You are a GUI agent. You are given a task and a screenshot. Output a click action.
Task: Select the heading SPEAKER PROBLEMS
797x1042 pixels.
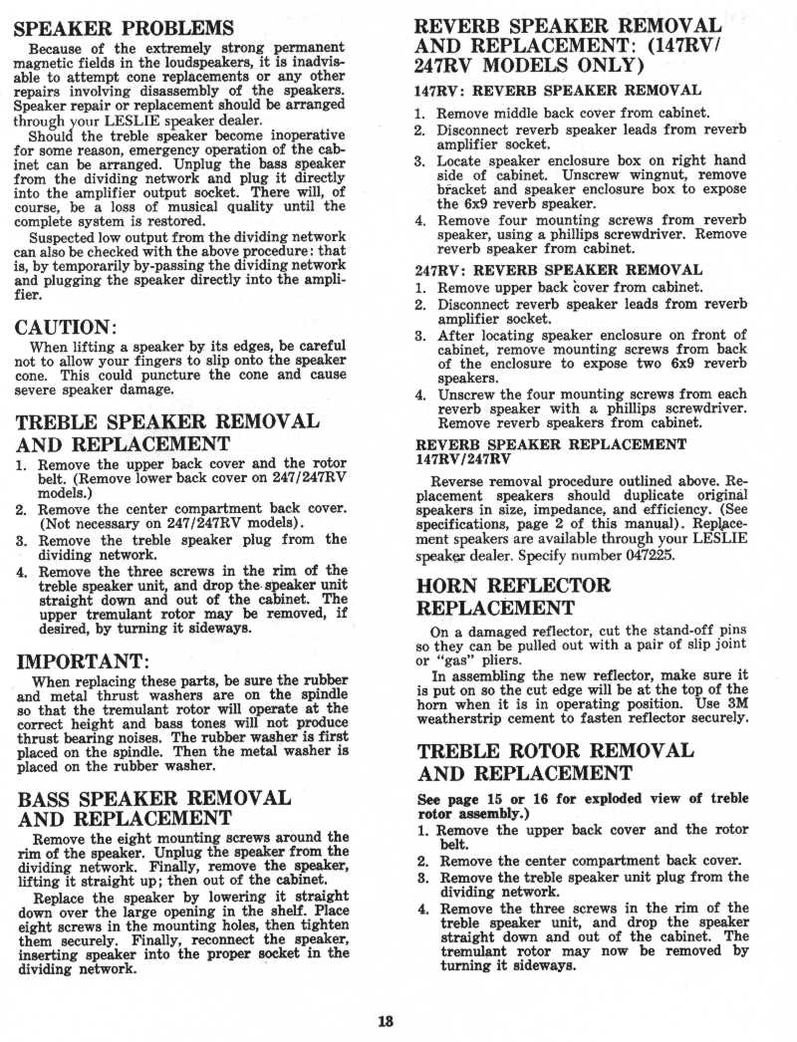click(125, 27)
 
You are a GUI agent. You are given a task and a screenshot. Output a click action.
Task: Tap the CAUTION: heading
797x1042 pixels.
click(68, 327)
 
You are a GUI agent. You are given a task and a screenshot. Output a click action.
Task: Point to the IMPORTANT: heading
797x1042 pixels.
click(84, 662)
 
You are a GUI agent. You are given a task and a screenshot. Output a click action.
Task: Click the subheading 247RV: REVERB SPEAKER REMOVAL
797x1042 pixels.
click(558, 270)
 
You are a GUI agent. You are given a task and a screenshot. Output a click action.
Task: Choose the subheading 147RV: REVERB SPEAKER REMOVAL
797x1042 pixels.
click(558, 91)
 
